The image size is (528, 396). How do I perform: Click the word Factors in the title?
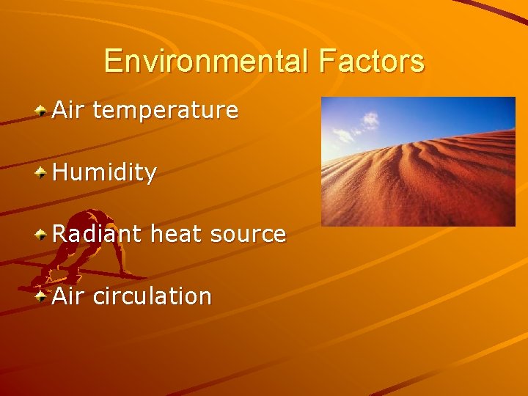tap(371, 61)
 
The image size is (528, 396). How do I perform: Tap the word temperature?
tap(166, 111)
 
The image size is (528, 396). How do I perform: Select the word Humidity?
tap(105, 173)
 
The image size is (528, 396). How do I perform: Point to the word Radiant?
tap(97, 235)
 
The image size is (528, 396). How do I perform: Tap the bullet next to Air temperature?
tap(42, 111)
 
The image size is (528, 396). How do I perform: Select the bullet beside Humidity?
tap(42, 173)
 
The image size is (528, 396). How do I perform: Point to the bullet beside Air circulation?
tap(42, 296)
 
